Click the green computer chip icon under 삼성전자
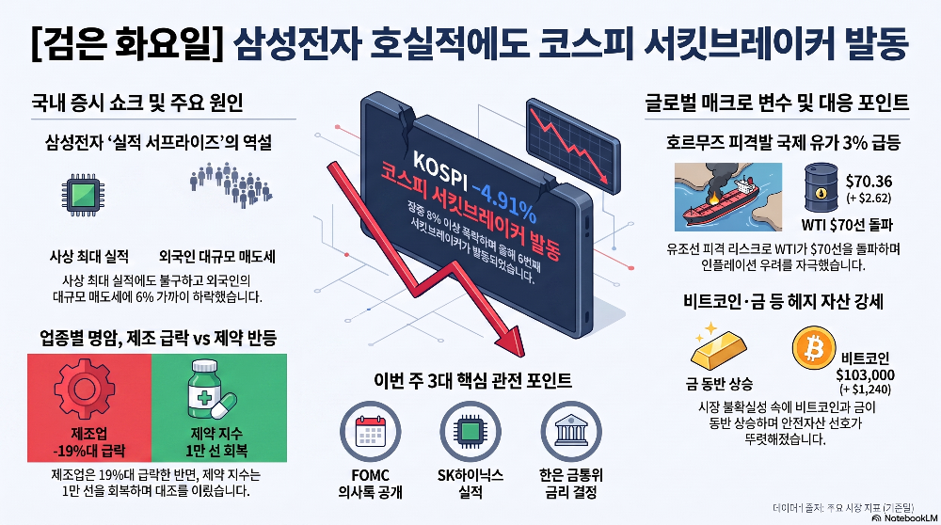(x=83, y=195)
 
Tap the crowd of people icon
(x=231, y=184)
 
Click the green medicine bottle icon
(x=210, y=390)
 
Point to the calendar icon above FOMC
(x=370, y=432)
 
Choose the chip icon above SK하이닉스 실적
(x=470, y=432)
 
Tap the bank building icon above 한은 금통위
(x=571, y=432)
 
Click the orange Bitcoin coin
(x=814, y=348)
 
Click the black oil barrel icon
(x=821, y=187)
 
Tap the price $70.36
(x=869, y=182)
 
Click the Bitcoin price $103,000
(x=865, y=375)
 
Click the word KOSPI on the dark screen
(x=439, y=169)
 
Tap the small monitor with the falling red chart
(x=573, y=147)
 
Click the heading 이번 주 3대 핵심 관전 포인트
(x=472, y=380)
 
